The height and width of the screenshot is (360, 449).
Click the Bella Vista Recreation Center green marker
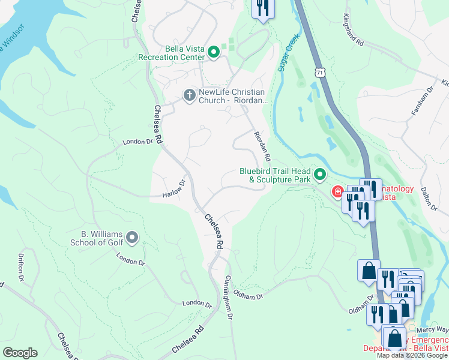click(x=214, y=53)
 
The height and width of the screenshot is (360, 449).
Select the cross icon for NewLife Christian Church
click(x=188, y=95)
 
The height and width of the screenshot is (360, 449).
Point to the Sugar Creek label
click(x=288, y=52)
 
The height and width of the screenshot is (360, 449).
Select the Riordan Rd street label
click(x=262, y=146)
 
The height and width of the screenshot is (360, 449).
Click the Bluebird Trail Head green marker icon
click(x=320, y=175)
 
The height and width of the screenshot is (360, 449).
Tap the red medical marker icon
click(x=338, y=192)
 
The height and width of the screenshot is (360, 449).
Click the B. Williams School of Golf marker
click(x=132, y=238)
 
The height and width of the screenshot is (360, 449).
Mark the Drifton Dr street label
click(x=20, y=268)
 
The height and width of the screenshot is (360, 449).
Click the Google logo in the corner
click(x=20, y=353)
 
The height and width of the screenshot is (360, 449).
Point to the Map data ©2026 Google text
click(x=411, y=355)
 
